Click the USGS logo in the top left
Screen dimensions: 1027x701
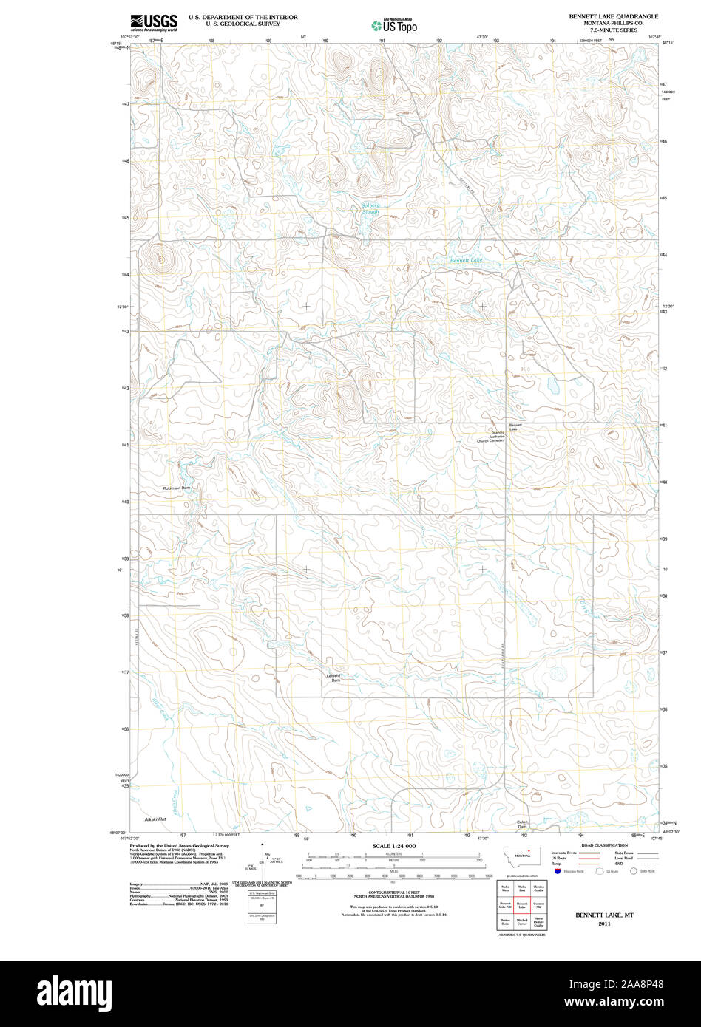(x=154, y=22)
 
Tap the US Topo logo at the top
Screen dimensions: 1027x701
(x=395, y=25)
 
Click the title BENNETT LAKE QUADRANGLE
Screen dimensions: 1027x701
(x=613, y=16)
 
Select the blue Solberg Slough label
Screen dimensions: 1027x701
(x=370, y=208)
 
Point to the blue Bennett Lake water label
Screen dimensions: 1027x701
(x=466, y=260)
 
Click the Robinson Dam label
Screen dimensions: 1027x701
(x=177, y=488)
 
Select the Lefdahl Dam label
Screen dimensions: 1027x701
(x=335, y=678)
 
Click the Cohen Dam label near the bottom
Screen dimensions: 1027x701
(x=523, y=824)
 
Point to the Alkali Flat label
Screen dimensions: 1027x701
(x=155, y=820)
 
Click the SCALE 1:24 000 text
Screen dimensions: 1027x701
(x=394, y=846)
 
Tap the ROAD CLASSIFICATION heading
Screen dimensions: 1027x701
(x=604, y=845)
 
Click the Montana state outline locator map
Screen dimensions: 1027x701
(x=522, y=855)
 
